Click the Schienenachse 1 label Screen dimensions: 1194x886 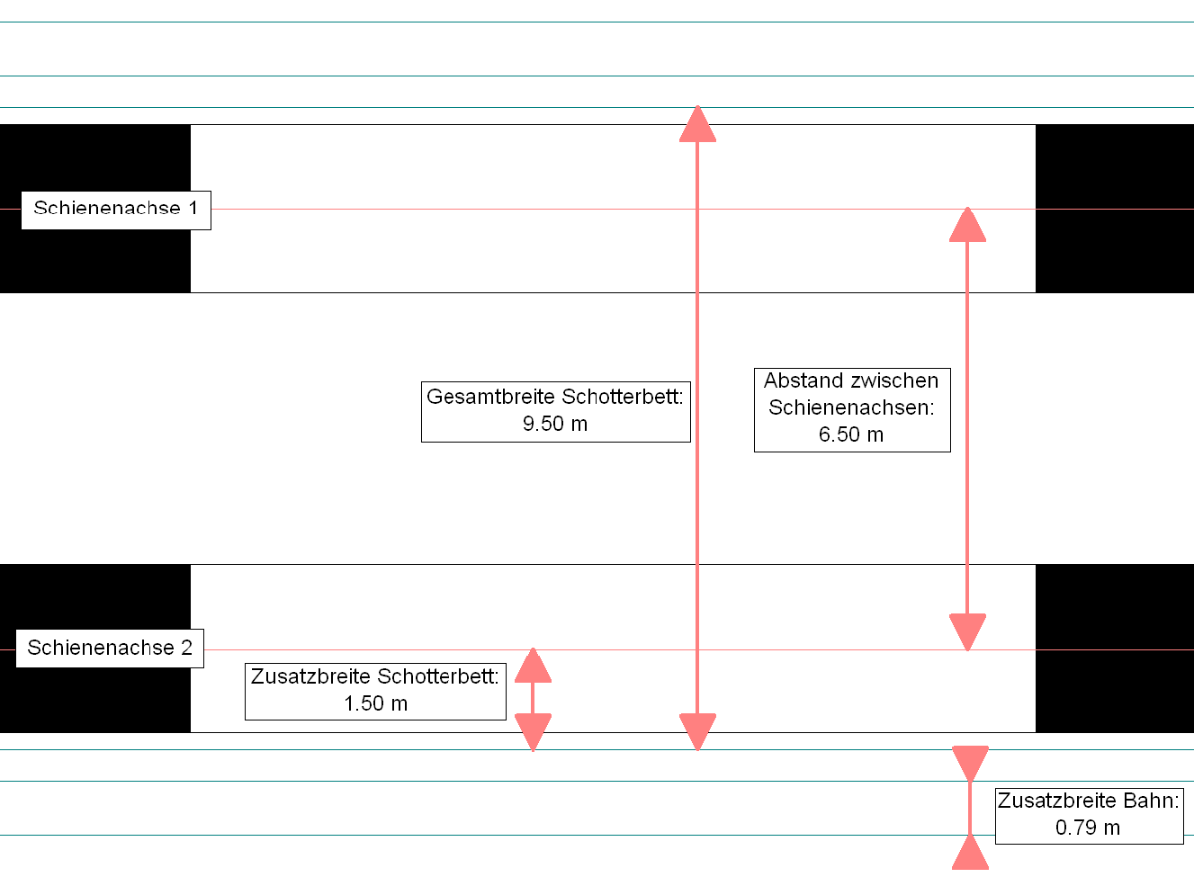tap(116, 209)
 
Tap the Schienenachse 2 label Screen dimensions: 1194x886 tap(110, 648)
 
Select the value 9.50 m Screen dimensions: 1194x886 tap(554, 424)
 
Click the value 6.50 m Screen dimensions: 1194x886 tap(851, 434)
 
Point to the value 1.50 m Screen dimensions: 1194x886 tap(376, 703)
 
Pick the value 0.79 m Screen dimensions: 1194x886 tap(1088, 828)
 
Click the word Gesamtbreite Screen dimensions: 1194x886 tap(490, 397)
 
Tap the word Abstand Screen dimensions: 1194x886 tap(803, 380)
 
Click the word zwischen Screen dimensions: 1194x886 tap(894, 380)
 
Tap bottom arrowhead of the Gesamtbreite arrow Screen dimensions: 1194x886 tap(697, 732)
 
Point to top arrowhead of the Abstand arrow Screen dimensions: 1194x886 tap(967, 225)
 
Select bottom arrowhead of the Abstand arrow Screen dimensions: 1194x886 tap(967, 632)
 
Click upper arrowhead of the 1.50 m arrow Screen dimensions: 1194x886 tap(533, 666)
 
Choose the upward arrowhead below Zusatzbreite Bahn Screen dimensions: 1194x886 tap(970, 852)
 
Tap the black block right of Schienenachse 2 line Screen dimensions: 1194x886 tap(1114, 648)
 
